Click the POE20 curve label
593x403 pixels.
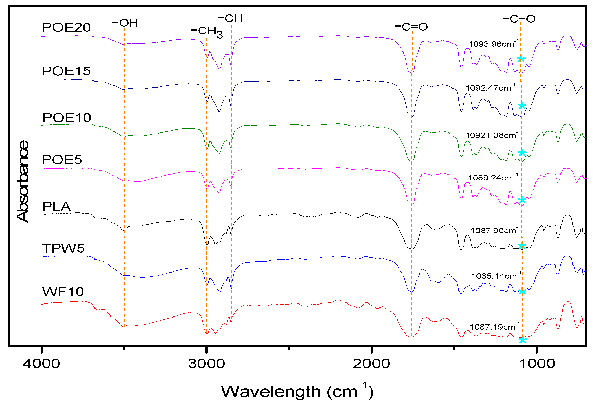pyautogui.click(x=66, y=27)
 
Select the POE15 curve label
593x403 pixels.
pyautogui.click(x=66, y=71)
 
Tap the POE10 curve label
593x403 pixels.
pyautogui.click(x=67, y=118)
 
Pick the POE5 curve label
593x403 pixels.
pyautogui.click(x=62, y=160)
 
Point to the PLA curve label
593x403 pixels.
pyautogui.click(x=56, y=206)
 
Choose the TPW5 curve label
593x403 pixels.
pyautogui.click(x=63, y=248)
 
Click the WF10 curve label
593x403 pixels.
pyautogui.click(x=63, y=292)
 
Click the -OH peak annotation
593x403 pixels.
pyautogui.click(x=125, y=23)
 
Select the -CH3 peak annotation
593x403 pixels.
pyautogui.click(x=207, y=32)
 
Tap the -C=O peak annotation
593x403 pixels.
pyautogui.click(x=411, y=26)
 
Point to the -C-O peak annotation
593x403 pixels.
pyautogui.click(x=519, y=19)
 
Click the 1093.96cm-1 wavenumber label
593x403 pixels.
pyautogui.click(x=493, y=44)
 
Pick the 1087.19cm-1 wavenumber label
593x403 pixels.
pyautogui.click(x=494, y=327)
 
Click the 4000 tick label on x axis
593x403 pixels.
pyautogui.click(x=41, y=363)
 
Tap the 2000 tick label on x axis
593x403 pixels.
pyautogui.click(x=371, y=363)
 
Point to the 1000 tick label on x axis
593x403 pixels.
pyautogui.click(x=537, y=363)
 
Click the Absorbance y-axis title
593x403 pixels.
pyautogui.click(x=23, y=181)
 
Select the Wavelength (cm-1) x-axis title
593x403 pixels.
pyautogui.click(x=297, y=391)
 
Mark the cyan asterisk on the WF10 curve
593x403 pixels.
pyautogui.click(x=522, y=340)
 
